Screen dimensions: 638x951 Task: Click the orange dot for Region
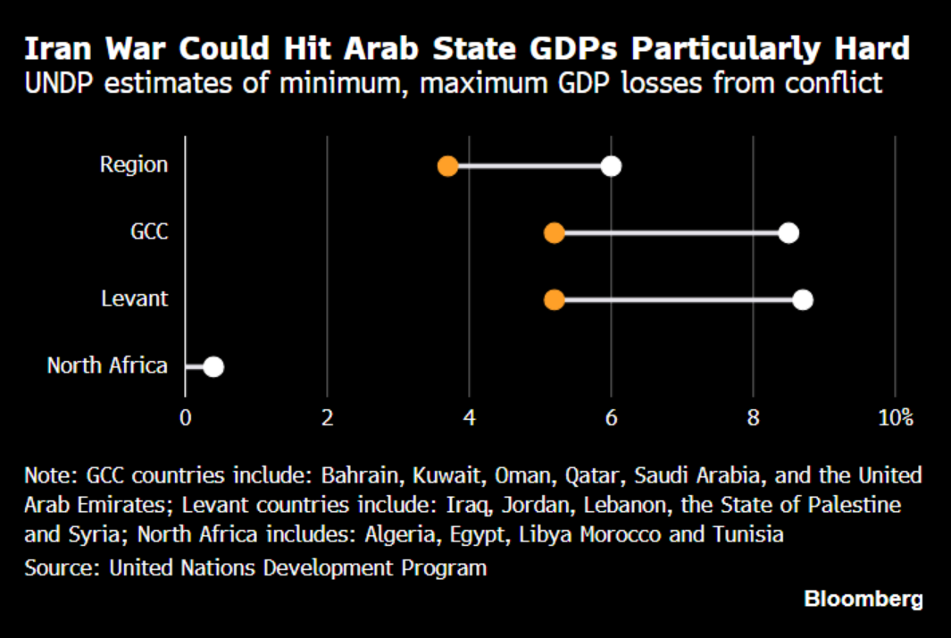(448, 166)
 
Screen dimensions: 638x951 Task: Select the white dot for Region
(611, 166)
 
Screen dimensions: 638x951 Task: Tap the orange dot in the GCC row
(555, 233)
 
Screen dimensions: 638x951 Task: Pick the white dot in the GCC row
(788, 233)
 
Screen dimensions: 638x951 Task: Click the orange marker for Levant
(555, 299)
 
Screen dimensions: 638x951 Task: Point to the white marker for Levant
(803, 299)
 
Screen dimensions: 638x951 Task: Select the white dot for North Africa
(213, 366)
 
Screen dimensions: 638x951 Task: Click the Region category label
(134, 165)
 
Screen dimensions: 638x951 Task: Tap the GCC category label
(149, 232)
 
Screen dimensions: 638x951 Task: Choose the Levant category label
(135, 298)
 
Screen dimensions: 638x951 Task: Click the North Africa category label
(107, 365)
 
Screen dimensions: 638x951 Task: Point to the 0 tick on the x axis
(185, 417)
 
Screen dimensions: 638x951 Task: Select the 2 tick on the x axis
(327, 417)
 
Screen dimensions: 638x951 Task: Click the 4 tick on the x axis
(469, 417)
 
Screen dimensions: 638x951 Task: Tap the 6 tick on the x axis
(612, 417)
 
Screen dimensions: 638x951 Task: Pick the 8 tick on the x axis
(754, 417)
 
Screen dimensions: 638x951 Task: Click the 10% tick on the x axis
(895, 417)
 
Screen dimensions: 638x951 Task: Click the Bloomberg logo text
(863, 599)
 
